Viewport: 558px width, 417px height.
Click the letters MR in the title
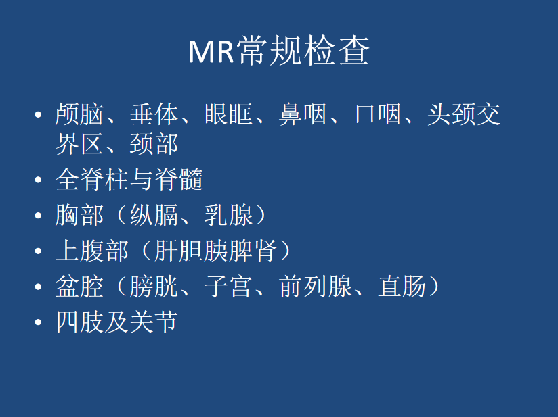coord(211,51)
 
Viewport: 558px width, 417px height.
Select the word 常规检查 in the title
coord(303,51)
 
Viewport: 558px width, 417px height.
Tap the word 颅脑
coord(79,114)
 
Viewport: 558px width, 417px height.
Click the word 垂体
coord(154,114)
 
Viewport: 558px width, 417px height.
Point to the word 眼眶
coord(228,114)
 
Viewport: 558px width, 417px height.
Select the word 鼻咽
coord(303,114)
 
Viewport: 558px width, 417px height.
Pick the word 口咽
coord(378,114)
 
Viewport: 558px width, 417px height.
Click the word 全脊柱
coord(92,179)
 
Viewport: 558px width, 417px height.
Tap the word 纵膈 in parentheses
coord(154,215)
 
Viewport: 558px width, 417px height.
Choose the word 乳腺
coord(228,215)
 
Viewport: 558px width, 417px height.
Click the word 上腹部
coord(92,251)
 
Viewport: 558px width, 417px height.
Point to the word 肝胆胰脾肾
coord(215,251)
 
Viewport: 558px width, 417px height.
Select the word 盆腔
coord(79,287)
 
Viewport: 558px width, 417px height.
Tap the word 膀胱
coord(154,287)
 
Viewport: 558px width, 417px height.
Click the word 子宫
coord(228,287)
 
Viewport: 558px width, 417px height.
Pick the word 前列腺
coord(316,287)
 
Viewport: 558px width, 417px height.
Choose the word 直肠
coord(402,287)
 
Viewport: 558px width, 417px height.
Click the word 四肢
coord(79,322)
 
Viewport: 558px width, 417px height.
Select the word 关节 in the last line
coord(154,322)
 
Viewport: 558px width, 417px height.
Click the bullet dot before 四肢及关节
coord(38,322)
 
